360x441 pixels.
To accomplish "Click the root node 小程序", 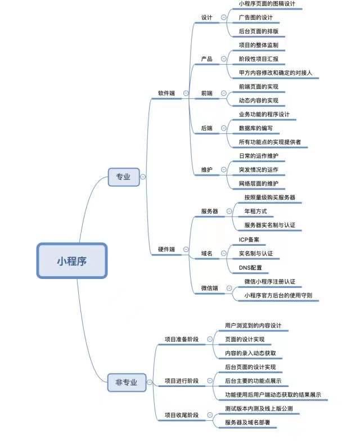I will [72, 260].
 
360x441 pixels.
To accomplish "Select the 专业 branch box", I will [123, 177].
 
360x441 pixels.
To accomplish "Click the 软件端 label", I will [166, 92].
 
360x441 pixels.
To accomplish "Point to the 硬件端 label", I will [166, 249].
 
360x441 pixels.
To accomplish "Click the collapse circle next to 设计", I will [224, 17].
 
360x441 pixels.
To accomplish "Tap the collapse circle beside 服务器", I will [229, 211].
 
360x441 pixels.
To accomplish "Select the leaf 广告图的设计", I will [255, 17].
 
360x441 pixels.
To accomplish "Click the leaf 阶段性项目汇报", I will [258, 58].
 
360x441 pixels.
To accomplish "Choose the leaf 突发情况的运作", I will [258, 169].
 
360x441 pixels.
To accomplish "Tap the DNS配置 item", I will [250, 268].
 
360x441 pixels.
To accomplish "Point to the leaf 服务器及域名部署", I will [251, 422].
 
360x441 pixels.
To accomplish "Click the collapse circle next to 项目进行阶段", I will [210, 381].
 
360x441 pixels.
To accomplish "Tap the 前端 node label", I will [207, 93].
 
